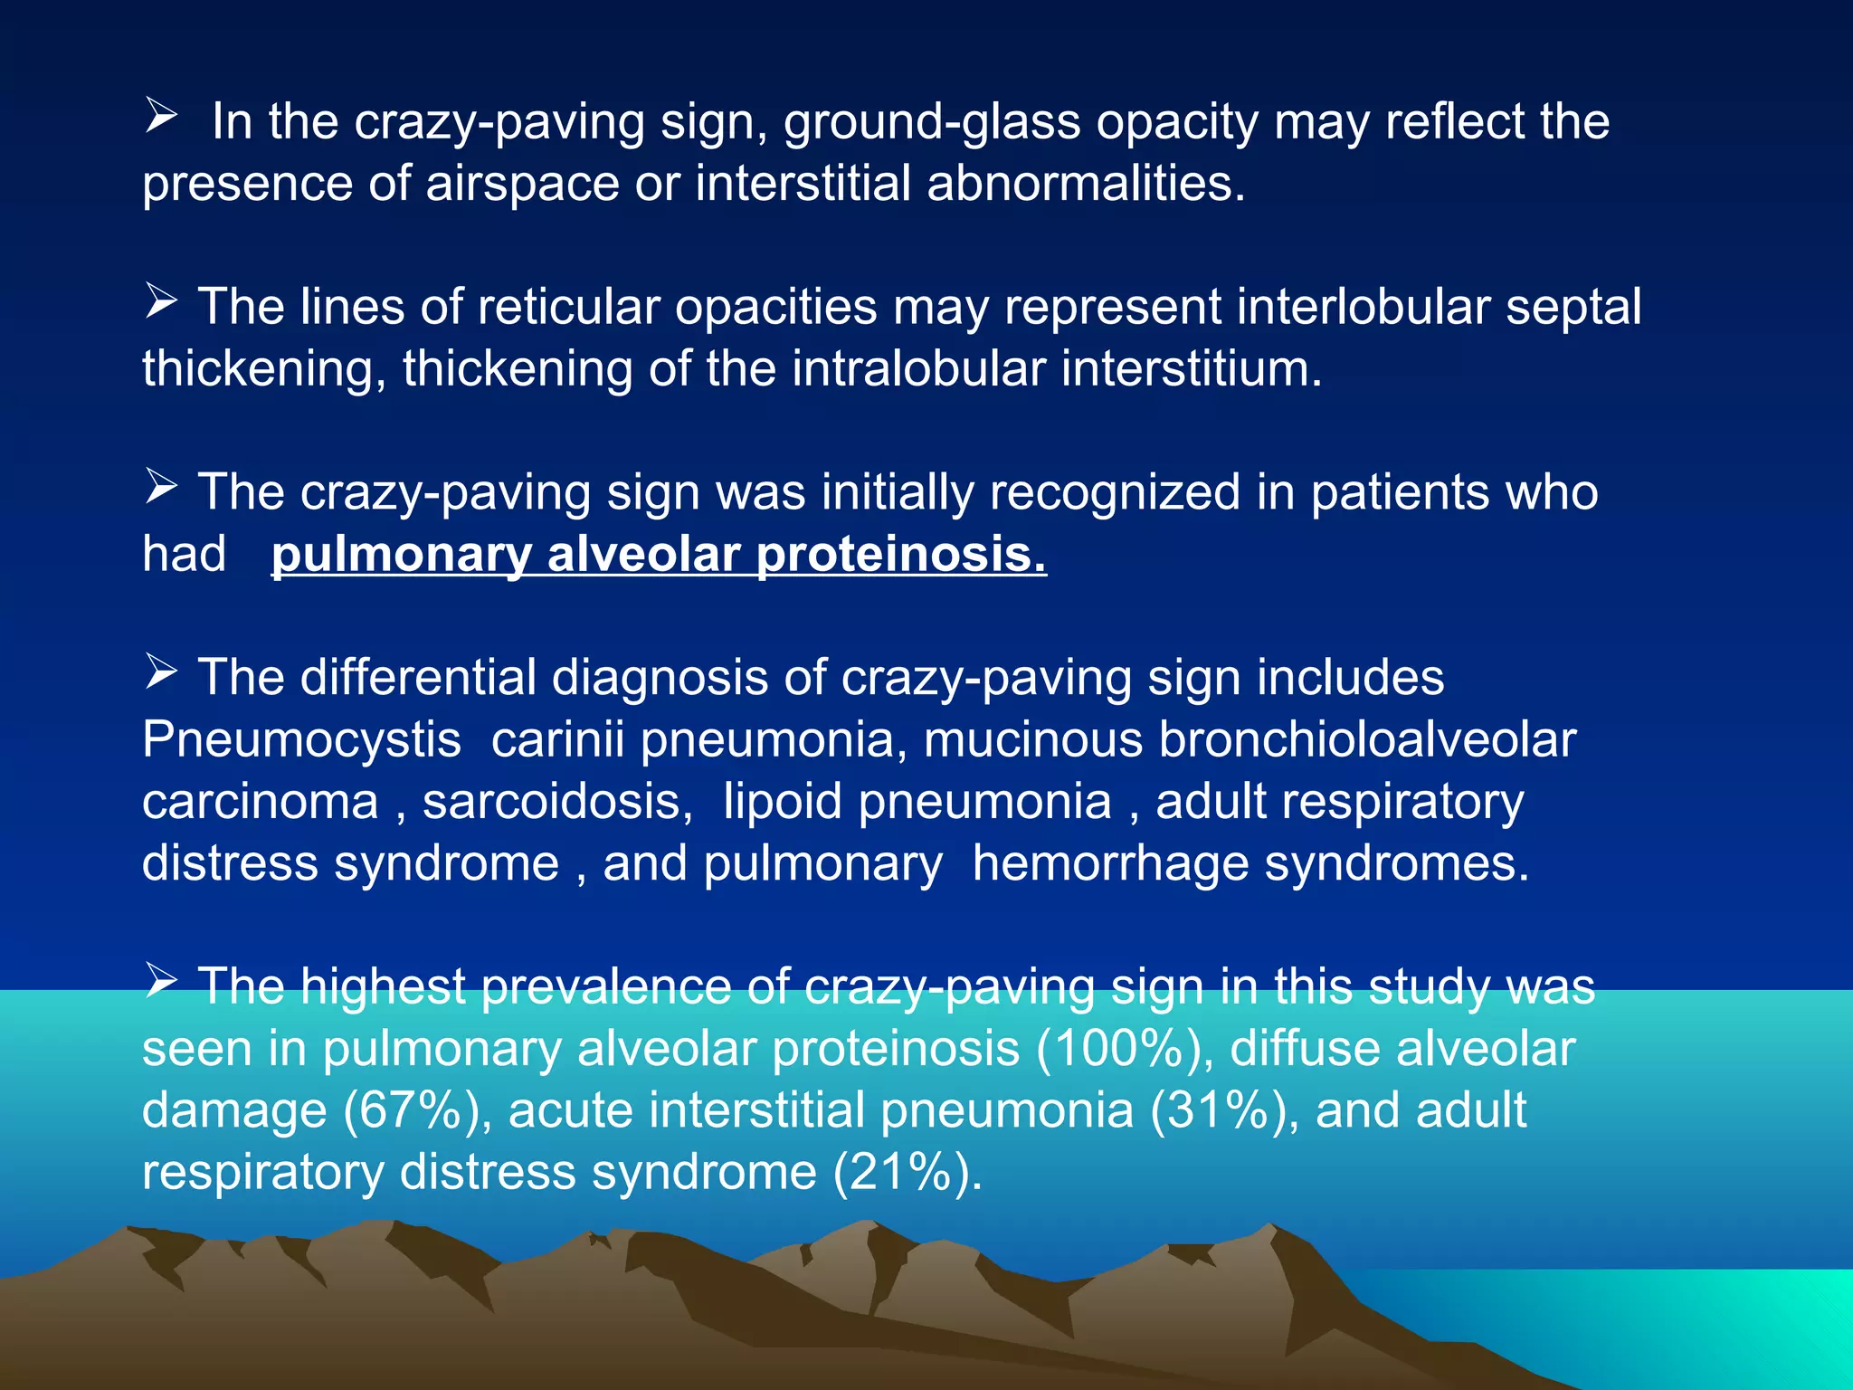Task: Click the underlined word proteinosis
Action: [901, 554]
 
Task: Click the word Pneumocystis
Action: [302, 740]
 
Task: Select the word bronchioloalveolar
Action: [1367, 740]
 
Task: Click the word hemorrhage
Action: [1110, 863]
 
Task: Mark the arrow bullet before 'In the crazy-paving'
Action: [161, 117]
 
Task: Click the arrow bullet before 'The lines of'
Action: [161, 301]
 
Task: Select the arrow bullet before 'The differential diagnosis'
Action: [161, 672]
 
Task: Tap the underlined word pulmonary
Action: [401, 554]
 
